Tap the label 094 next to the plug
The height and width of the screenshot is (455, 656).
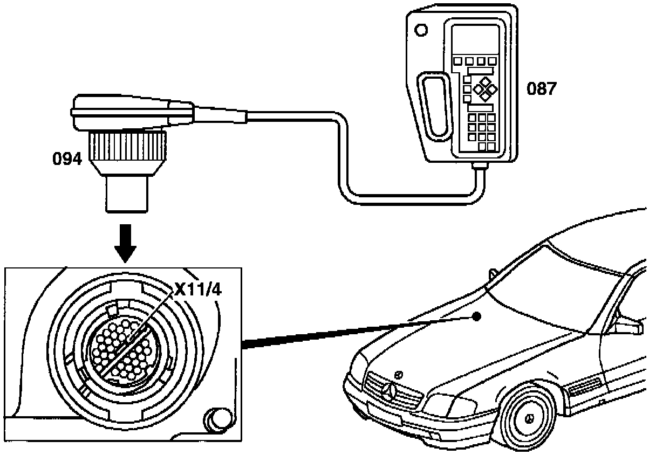tap(67, 159)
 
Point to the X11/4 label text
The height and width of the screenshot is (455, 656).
tap(197, 291)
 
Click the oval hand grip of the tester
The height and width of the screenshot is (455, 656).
tap(434, 106)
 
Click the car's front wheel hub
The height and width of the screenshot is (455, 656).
tap(530, 418)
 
